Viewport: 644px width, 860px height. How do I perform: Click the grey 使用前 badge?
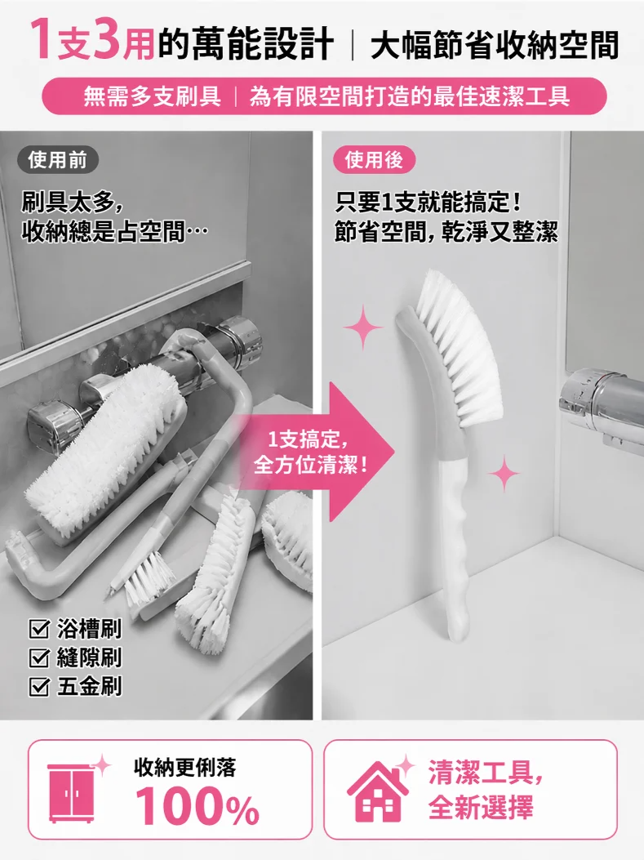(x=58, y=160)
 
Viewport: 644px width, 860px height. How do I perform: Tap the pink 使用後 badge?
(x=375, y=160)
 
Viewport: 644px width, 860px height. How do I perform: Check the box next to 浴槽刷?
(x=39, y=630)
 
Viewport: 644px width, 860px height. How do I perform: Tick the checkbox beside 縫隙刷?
(x=39, y=657)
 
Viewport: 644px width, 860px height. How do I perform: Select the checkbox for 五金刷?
(x=39, y=686)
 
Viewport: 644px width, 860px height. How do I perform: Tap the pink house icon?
(x=378, y=791)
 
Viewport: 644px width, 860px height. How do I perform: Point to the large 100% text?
(x=198, y=805)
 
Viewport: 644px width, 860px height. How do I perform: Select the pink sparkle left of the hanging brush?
(x=363, y=327)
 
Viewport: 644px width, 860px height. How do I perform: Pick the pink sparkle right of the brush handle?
(x=504, y=474)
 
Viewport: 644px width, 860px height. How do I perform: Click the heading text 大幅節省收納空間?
(x=495, y=45)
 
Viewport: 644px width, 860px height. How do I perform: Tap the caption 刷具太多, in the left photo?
(x=72, y=203)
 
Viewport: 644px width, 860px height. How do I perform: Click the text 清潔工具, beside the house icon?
(x=486, y=773)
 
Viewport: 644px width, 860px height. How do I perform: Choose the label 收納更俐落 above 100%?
(x=185, y=767)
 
